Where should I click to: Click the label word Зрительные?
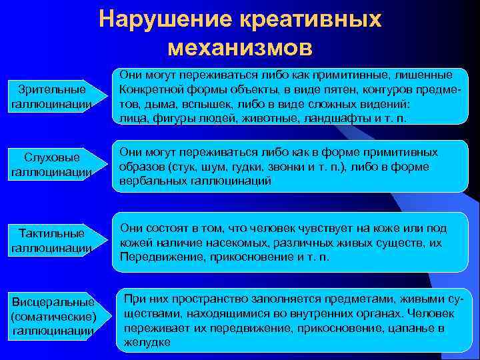[52, 89]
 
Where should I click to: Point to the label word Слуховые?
[52, 157]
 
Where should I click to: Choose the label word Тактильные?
[52, 233]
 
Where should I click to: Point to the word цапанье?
[395, 328]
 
